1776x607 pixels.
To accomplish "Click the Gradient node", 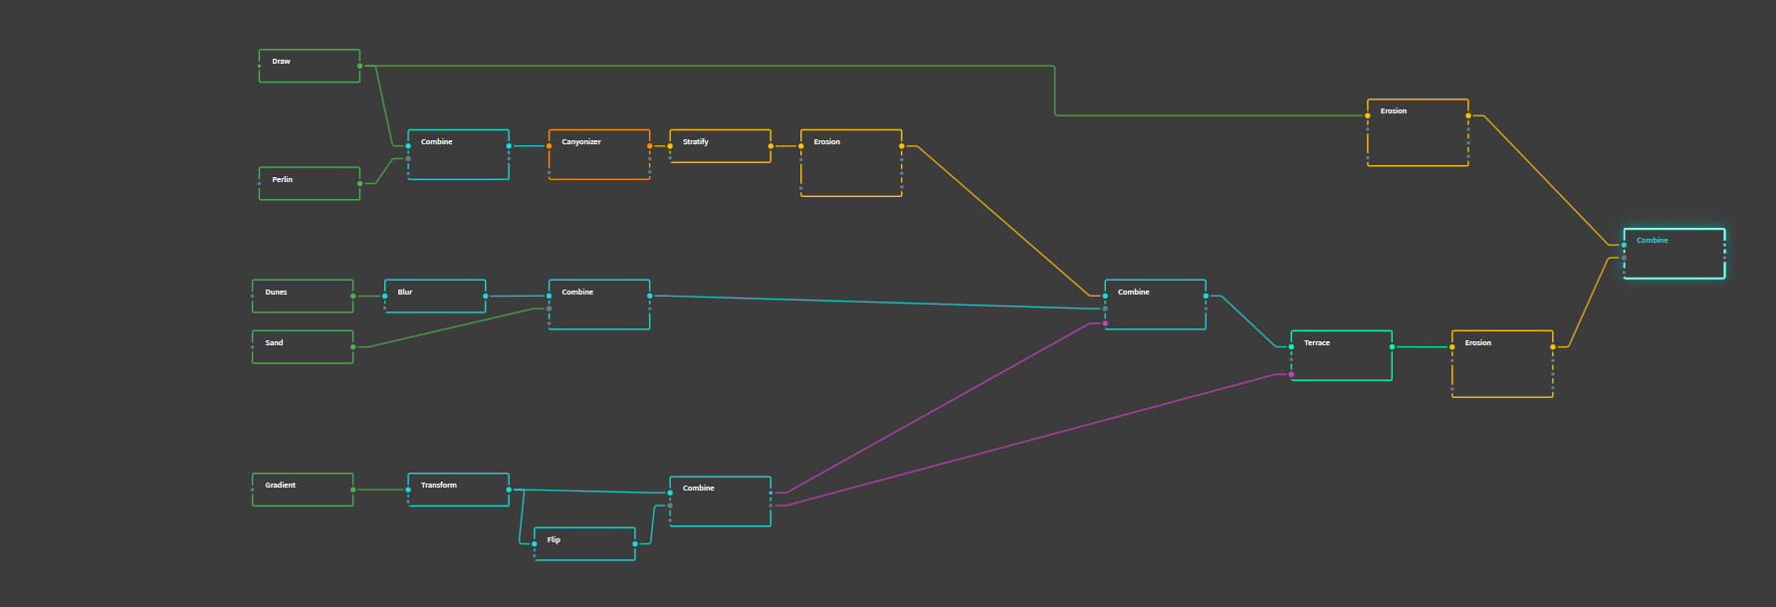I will click(302, 490).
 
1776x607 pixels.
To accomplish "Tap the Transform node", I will click(458, 490).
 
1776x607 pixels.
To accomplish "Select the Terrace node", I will click(1341, 355).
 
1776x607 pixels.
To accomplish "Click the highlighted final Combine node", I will click(1673, 254).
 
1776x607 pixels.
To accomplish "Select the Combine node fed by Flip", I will click(720, 502).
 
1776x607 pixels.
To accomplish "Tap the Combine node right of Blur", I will click(598, 304).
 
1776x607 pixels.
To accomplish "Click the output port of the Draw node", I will click(360, 66).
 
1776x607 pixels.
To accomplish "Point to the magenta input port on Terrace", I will click(1291, 374).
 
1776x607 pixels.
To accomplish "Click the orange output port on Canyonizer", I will click(650, 146).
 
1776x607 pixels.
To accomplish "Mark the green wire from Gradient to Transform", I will click(380, 490).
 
